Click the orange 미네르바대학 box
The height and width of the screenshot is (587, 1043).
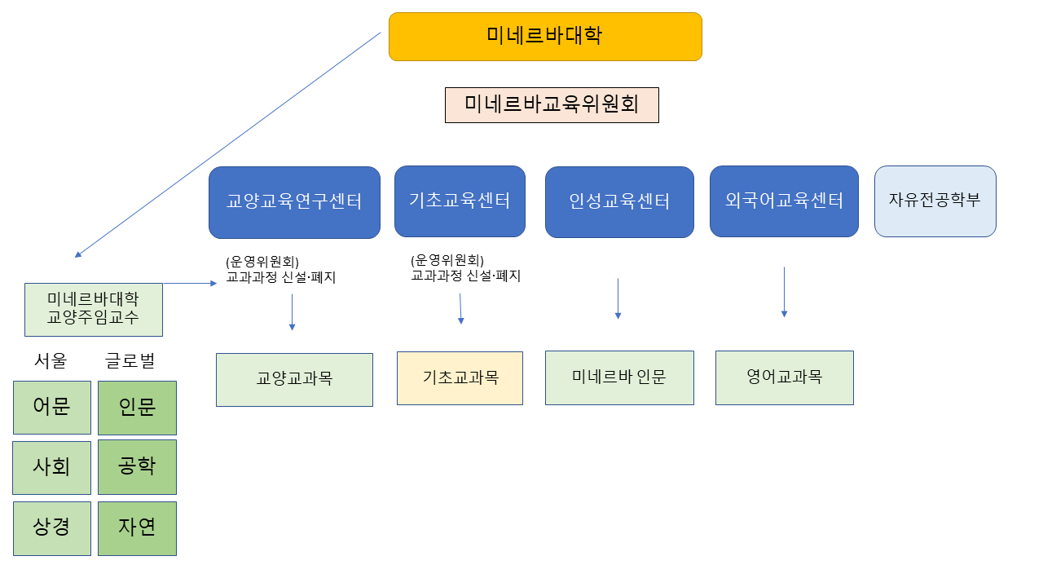545,37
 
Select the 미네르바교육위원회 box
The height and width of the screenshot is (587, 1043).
552,105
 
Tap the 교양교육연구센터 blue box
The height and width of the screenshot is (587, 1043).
294,202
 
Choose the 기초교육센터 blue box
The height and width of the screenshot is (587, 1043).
459,201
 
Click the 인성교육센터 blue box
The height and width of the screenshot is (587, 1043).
619,202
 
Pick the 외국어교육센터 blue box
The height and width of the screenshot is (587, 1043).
784,201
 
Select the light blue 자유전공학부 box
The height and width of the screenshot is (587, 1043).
935,201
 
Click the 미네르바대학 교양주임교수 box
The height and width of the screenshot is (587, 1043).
94,309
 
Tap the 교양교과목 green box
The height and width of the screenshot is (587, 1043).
294,379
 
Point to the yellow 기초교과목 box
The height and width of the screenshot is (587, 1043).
460,378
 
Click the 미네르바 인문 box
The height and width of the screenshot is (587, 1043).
619,377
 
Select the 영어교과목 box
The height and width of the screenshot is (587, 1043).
784,377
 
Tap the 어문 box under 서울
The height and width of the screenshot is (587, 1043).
52,408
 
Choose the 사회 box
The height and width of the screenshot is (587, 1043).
51,467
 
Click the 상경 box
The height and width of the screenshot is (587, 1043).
52,528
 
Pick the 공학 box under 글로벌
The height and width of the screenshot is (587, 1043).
137,467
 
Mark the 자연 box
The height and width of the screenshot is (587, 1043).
137,528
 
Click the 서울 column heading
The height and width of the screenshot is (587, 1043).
51,360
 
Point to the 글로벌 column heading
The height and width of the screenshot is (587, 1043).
130,360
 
